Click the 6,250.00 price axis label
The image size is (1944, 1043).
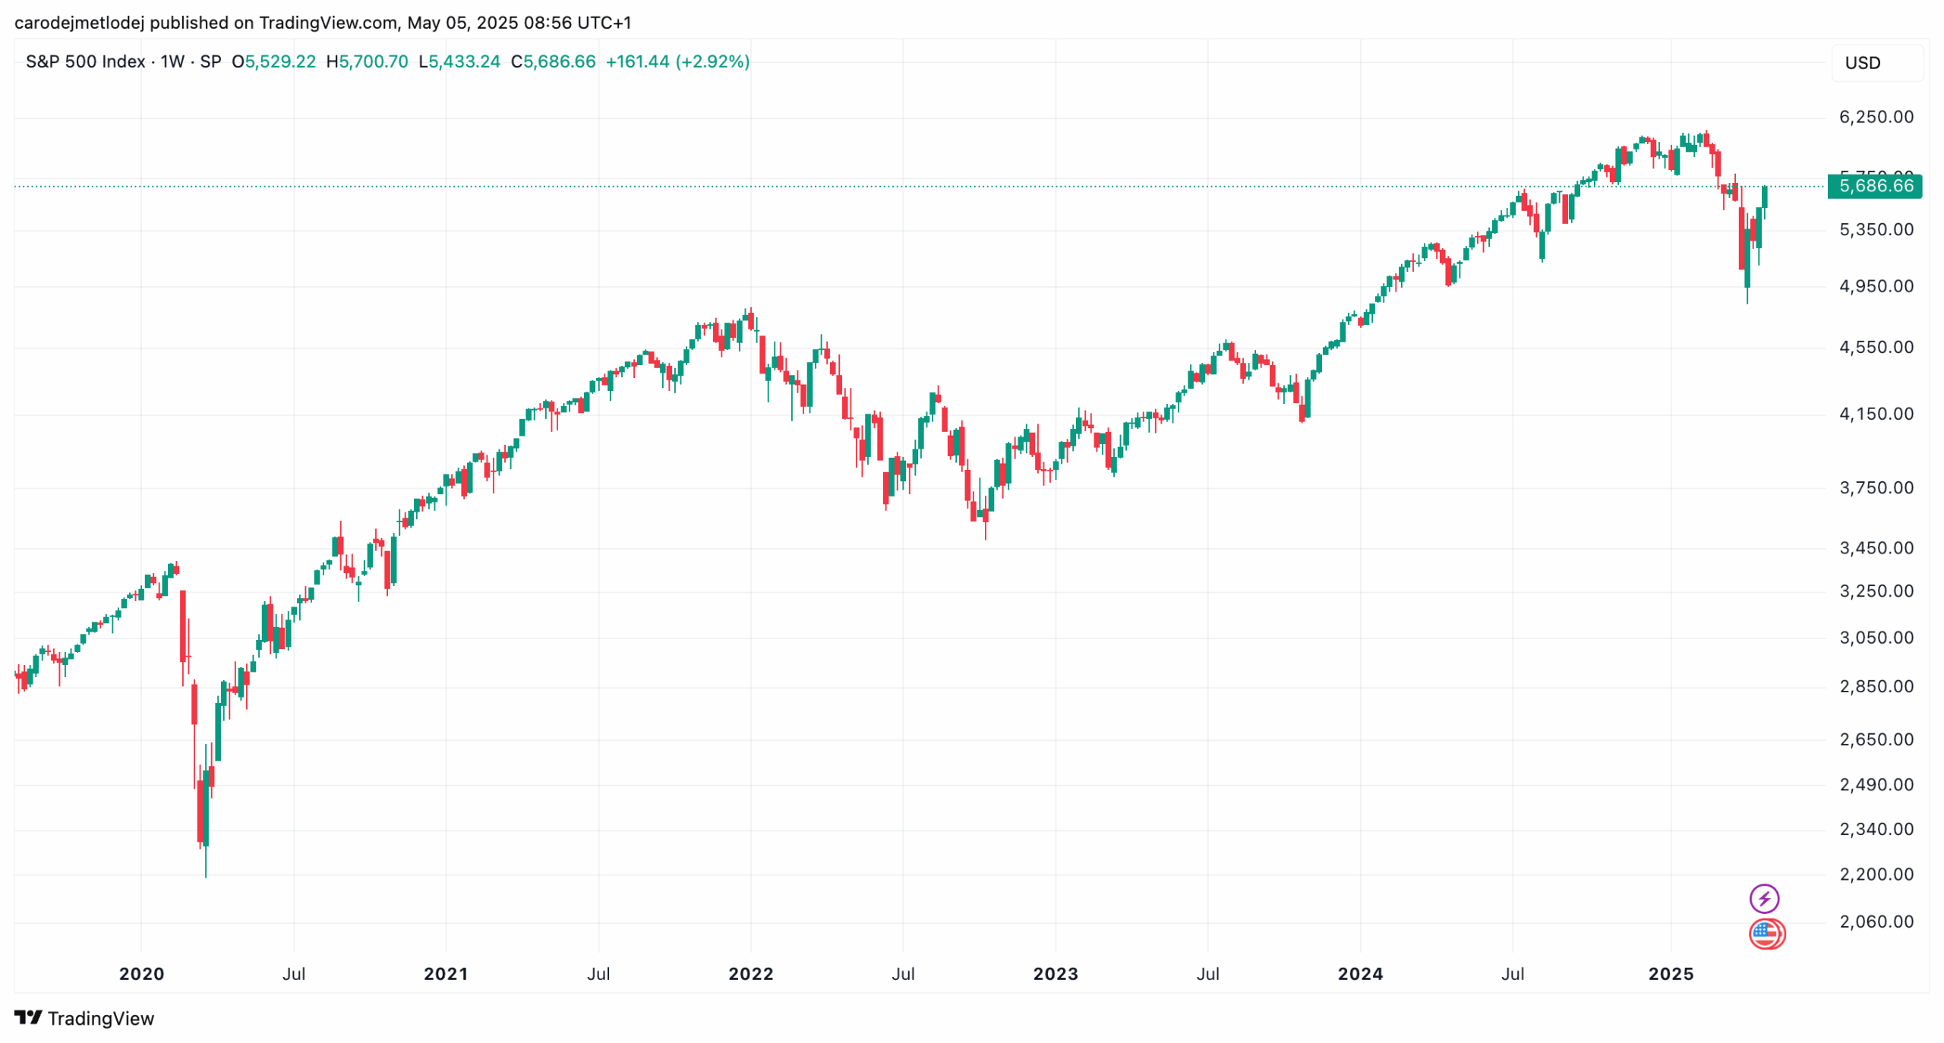click(x=1875, y=117)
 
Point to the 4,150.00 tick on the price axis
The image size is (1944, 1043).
click(x=1875, y=414)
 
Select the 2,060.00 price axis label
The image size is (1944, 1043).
click(x=1875, y=922)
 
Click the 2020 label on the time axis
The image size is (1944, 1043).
click(x=141, y=974)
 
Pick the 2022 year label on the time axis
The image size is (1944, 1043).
click(x=750, y=974)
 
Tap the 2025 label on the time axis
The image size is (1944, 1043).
click(x=1670, y=974)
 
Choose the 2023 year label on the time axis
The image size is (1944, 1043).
click(x=1055, y=974)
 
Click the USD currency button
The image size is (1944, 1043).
click(x=1863, y=63)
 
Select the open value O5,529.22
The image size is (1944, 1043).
click(x=273, y=61)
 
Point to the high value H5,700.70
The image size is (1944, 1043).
click(x=367, y=61)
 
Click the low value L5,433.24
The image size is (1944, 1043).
click(x=459, y=61)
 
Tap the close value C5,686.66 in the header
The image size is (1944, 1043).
click(x=553, y=61)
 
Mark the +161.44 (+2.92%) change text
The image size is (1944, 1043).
click(x=677, y=61)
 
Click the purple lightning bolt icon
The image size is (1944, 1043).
click(x=1763, y=899)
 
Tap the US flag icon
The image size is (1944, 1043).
click(x=1766, y=934)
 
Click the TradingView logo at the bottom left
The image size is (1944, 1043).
click(x=84, y=1018)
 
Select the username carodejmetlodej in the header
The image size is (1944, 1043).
click(x=79, y=23)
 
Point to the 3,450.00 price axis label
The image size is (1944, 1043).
click(x=1875, y=548)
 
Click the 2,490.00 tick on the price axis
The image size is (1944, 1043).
click(x=1875, y=785)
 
